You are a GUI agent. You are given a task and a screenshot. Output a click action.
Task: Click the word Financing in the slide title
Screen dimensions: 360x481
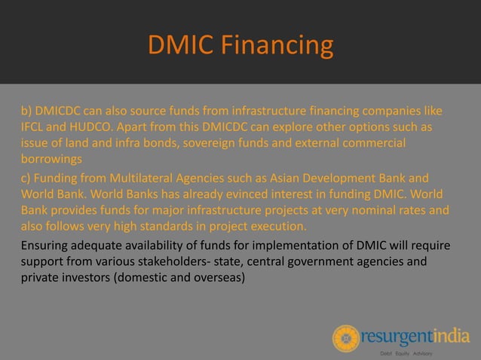[x=283, y=47]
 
